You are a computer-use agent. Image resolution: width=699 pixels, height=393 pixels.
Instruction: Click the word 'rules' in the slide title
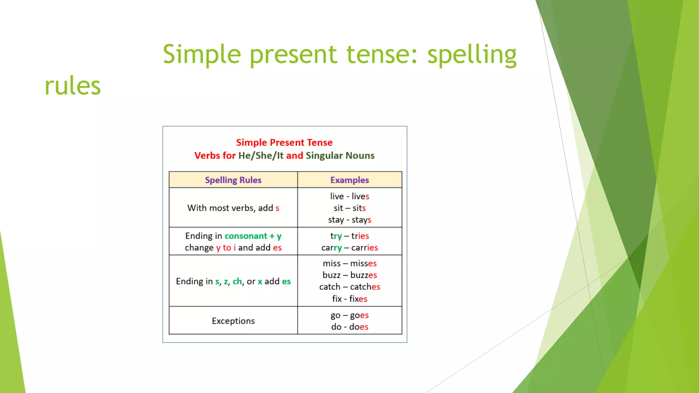point(73,86)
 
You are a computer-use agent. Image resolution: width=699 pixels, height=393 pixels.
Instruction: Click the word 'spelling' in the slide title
point(472,55)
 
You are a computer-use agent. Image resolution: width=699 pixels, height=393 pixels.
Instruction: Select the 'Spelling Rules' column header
point(233,180)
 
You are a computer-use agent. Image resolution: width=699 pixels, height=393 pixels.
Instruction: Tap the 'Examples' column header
point(349,180)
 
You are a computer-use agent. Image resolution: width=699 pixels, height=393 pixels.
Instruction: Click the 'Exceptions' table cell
point(233,321)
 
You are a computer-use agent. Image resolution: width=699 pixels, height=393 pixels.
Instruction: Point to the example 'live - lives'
point(349,196)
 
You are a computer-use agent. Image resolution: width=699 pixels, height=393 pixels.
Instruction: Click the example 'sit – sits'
point(349,208)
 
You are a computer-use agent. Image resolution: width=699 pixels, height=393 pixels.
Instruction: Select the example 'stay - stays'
point(349,220)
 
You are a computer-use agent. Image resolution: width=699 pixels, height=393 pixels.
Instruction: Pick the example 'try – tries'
point(349,236)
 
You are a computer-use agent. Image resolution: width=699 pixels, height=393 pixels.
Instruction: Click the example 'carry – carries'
point(349,248)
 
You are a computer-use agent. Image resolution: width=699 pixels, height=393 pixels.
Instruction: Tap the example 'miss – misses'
point(349,263)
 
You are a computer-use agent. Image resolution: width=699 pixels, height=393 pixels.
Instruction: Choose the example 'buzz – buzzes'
point(349,275)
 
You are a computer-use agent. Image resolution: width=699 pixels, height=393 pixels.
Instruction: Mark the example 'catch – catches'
point(349,287)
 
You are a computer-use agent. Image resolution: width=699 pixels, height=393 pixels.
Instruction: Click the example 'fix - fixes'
point(349,299)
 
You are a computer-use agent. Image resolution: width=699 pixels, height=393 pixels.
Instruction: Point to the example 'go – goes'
point(349,315)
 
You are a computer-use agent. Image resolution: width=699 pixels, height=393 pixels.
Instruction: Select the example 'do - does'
point(349,327)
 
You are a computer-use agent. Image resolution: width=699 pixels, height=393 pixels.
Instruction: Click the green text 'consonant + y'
point(253,236)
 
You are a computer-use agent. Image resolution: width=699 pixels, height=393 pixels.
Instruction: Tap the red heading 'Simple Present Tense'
point(284,142)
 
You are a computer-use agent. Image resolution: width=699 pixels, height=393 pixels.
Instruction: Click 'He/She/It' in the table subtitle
point(261,156)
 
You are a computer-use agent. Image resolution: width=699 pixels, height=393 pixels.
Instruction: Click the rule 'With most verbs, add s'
point(233,208)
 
